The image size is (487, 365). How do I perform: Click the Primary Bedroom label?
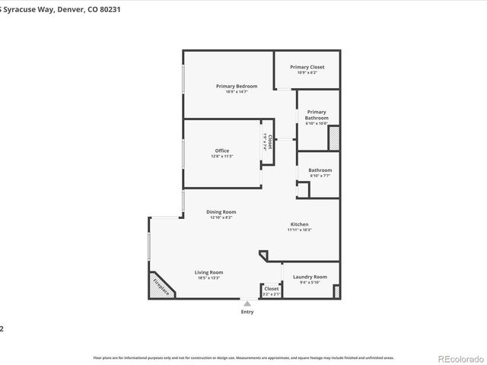[236, 86]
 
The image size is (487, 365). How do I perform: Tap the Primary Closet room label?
[307, 67]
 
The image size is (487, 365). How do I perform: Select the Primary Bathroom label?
[317, 115]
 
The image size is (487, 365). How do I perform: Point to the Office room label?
[221, 151]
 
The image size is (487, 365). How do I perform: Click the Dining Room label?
[221, 211]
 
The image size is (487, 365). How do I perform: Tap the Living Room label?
[210, 272]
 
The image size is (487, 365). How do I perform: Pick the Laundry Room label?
[310, 277]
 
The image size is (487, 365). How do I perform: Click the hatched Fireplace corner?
[161, 287]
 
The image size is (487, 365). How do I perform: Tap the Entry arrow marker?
[247, 303]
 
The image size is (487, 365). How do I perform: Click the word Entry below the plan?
[247, 312]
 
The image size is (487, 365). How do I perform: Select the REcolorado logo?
[458, 359]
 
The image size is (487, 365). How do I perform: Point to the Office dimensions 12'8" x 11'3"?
[221, 157]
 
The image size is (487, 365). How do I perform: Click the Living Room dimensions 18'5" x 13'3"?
[210, 278]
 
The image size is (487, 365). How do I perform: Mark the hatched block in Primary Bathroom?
[333, 138]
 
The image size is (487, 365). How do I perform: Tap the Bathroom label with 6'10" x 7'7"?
[320, 170]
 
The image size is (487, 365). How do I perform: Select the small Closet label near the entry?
[271, 289]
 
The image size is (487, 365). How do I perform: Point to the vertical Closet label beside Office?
[269, 141]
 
